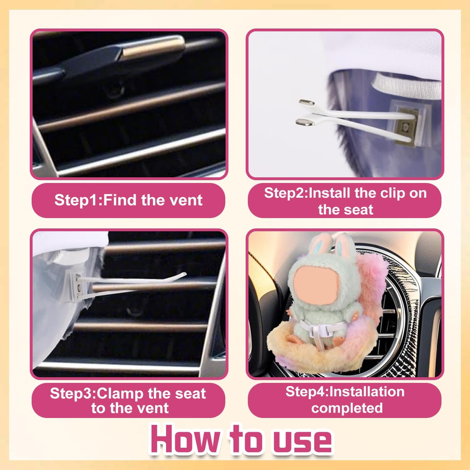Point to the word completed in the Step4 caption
click(347, 408)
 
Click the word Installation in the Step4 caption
click(367, 392)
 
